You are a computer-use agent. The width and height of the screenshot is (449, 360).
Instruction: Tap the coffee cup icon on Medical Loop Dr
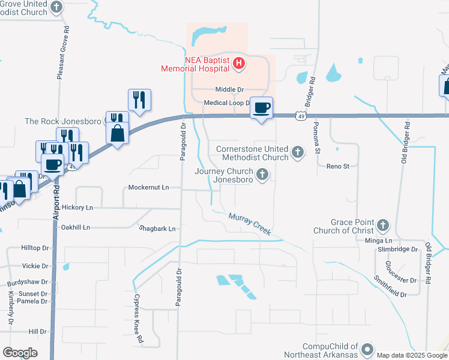click(x=261, y=108)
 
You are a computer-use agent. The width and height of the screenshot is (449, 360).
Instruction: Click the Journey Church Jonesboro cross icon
click(x=262, y=175)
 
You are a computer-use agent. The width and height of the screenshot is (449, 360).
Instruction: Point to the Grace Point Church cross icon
click(x=382, y=226)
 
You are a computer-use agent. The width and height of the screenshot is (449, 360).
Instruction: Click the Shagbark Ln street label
click(x=157, y=229)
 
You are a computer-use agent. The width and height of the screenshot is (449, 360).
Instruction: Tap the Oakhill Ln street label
click(x=76, y=227)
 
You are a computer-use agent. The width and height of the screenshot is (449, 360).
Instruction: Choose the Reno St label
click(x=337, y=166)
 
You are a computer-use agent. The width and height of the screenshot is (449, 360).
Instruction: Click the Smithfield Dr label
click(x=390, y=286)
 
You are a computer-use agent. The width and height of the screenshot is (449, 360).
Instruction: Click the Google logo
click(x=20, y=353)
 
